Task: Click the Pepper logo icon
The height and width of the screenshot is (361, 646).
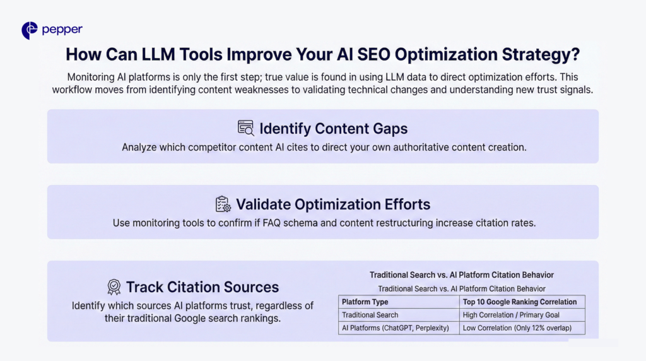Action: (30, 30)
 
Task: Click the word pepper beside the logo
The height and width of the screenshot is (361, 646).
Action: (62, 30)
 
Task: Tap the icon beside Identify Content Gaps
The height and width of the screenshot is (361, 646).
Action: (246, 128)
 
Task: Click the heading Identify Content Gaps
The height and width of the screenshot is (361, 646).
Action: (334, 129)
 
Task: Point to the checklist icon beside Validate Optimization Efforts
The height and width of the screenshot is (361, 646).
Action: (223, 204)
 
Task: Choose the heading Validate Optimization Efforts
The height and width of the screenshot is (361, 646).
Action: (333, 204)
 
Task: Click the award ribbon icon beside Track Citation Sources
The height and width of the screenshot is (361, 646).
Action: (114, 287)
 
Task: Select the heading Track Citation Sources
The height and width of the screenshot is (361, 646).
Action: (203, 287)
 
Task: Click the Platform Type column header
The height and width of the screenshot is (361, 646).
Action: (365, 302)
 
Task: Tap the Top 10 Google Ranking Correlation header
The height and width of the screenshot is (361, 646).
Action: (520, 302)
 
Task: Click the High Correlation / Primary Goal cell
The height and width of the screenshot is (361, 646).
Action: (511, 315)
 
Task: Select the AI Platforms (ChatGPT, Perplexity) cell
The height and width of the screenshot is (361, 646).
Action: (395, 328)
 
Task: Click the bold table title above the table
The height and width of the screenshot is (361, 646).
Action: (461, 275)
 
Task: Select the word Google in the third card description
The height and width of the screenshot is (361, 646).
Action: (214, 319)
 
